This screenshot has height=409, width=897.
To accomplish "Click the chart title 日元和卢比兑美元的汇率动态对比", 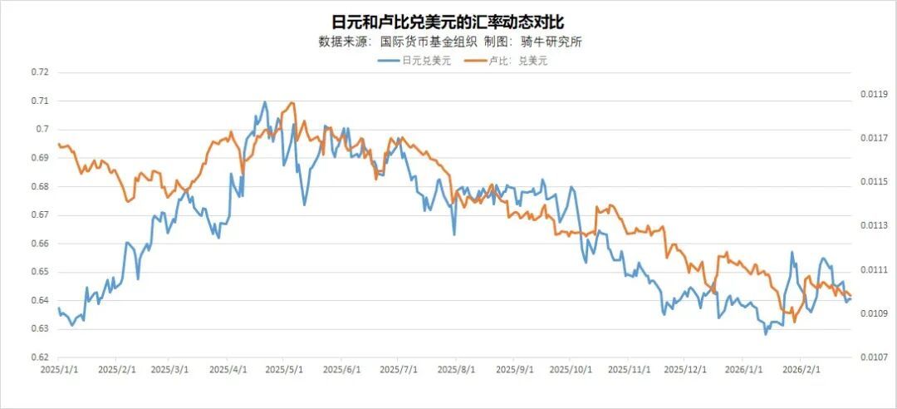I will (448, 20).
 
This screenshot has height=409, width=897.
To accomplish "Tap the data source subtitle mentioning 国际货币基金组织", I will (449, 42).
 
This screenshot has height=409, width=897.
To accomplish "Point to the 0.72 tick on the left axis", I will (40, 71).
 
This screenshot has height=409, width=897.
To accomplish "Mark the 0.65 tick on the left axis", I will (40, 272).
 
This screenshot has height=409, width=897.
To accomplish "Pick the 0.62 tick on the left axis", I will (40, 357).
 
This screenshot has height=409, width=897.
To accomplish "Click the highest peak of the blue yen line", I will (265, 102).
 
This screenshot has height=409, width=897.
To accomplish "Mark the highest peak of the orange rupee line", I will (292, 103).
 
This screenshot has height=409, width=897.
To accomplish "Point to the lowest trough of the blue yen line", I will (765, 333).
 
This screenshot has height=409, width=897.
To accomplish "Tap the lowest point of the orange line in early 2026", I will (794, 322).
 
